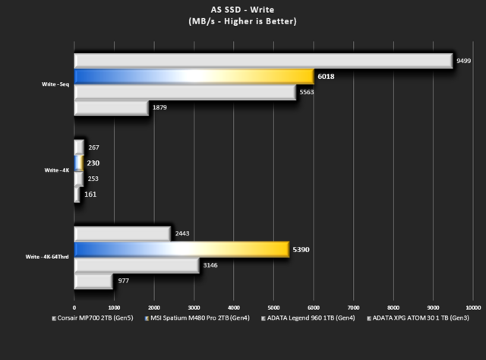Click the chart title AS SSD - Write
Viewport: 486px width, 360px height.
[x=242, y=9]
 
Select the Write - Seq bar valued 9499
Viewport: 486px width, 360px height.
[x=263, y=61]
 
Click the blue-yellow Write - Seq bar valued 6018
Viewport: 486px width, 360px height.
[x=194, y=76]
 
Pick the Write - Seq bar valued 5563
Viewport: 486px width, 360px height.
[x=185, y=92]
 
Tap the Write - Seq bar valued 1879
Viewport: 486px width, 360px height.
[x=111, y=108]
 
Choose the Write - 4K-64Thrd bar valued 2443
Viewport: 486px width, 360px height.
[x=122, y=233]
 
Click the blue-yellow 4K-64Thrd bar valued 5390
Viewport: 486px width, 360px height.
[x=181, y=249]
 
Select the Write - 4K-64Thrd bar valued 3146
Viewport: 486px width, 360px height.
[x=137, y=265]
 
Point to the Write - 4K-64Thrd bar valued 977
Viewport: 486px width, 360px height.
[x=93, y=281]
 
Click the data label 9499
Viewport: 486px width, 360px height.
[x=464, y=61]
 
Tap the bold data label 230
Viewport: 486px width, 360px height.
[x=93, y=163]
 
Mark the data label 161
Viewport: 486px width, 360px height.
[x=90, y=194]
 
